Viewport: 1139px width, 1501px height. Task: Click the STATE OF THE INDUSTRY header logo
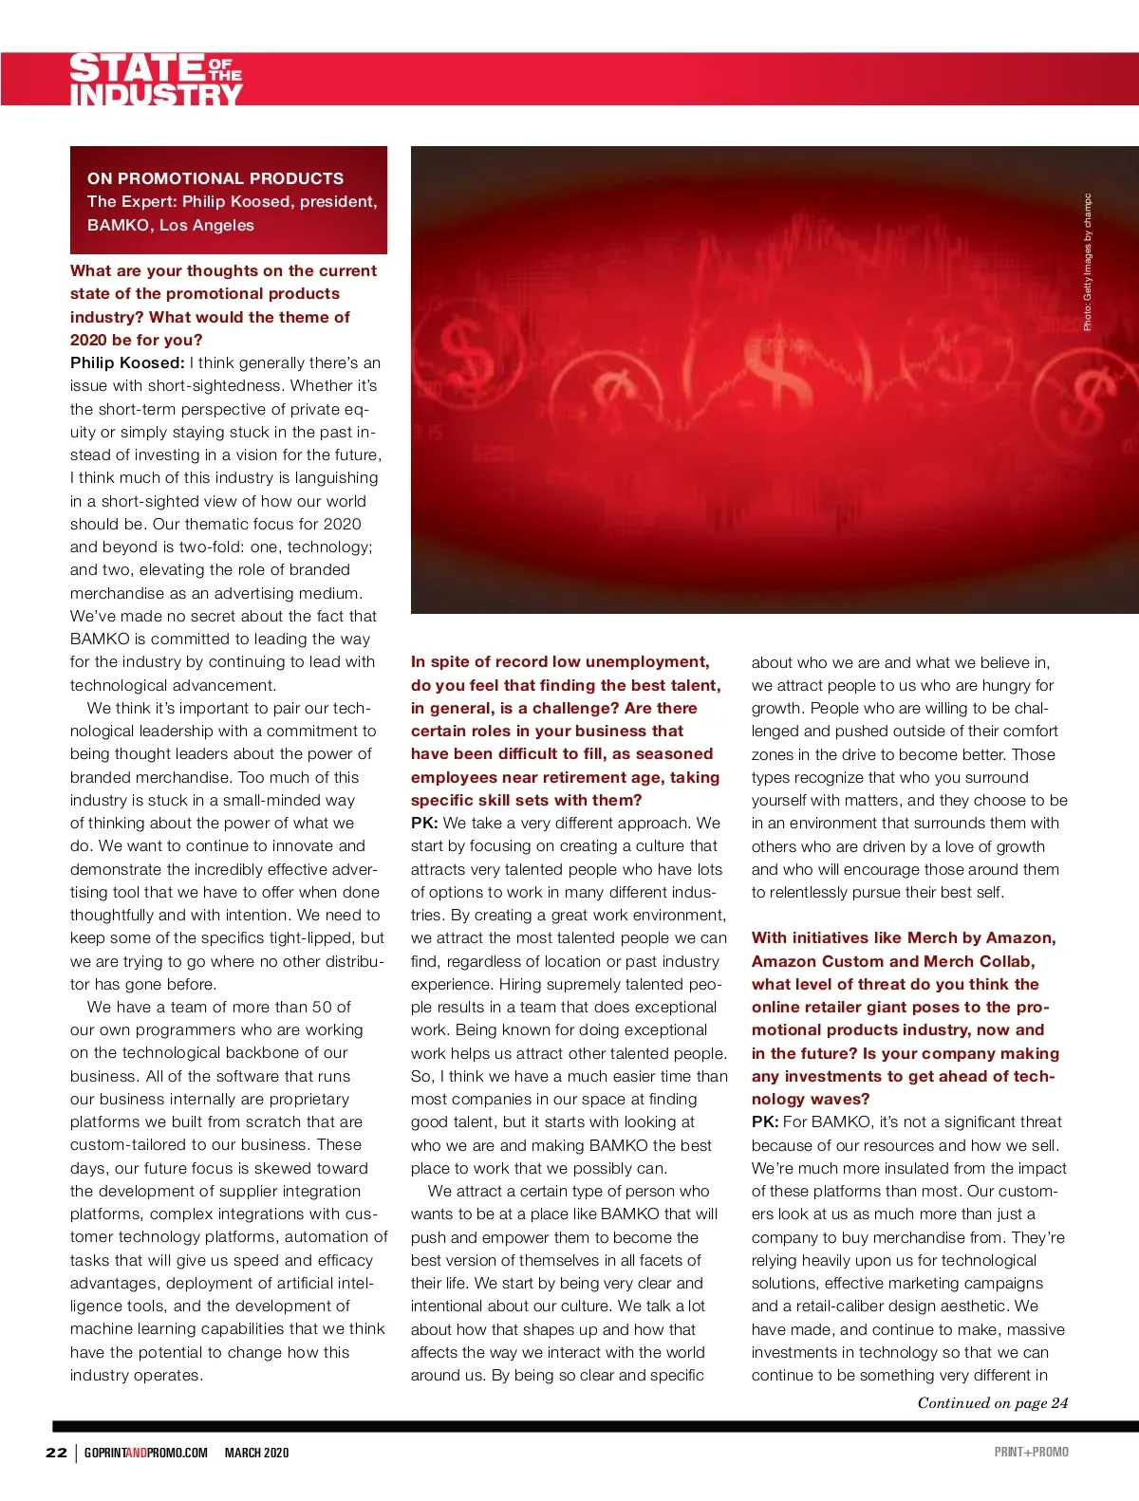click(156, 80)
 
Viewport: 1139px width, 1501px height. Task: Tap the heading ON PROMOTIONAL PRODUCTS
click(215, 178)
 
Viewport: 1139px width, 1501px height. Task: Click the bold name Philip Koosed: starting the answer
click(127, 362)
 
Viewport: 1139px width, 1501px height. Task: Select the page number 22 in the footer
click(56, 1452)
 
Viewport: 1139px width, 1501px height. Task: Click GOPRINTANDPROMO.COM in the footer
click(145, 1452)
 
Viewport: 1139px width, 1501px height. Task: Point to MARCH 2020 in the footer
click(256, 1452)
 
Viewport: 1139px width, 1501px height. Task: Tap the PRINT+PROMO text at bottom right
click(1031, 1452)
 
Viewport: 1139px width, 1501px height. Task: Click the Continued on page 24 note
click(992, 1402)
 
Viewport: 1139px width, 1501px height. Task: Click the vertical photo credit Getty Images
click(1088, 263)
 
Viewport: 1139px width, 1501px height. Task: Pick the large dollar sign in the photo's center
click(778, 375)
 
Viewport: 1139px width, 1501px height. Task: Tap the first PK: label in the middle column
click(424, 823)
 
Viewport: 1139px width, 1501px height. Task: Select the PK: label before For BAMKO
click(765, 1121)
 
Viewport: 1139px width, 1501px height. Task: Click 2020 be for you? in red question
click(136, 340)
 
